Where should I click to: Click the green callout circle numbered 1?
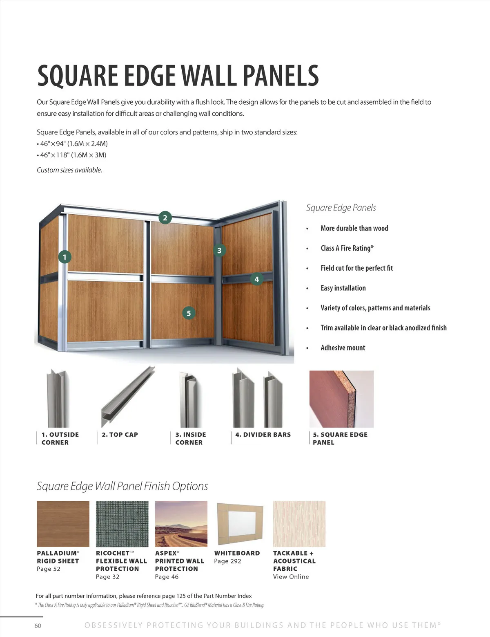(x=65, y=257)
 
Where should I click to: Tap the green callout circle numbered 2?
(x=165, y=218)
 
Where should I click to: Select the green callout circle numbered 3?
(x=219, y=250)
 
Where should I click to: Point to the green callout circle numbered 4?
(x=256, y=279)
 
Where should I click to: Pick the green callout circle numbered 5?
(x=189, y=313)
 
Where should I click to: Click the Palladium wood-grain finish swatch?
(x=63, y=524)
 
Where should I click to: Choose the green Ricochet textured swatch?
(x=122, y=524)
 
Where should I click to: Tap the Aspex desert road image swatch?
(x=181, y=524)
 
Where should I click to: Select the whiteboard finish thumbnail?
(x=240, y=524)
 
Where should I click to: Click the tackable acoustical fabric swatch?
(x=299, y=524)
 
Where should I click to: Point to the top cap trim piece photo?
(x=128, y=397)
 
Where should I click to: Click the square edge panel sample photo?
(x=341, y=399)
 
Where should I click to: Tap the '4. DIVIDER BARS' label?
(x=263, y=435)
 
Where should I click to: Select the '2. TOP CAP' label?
(x=120, y=435)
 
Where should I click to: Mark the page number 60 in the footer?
(x=38, y=626)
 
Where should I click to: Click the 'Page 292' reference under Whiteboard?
(x=227, y=561)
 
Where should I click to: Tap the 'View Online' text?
(x=291, y=576)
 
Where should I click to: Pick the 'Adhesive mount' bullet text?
(x=343, y=348)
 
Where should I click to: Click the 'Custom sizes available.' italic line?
(x=69, y=170)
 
